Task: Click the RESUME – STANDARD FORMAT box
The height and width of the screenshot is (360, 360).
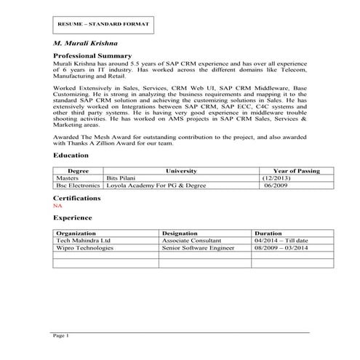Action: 103,25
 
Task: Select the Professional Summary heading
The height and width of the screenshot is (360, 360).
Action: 92,56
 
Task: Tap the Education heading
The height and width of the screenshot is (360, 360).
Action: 71,156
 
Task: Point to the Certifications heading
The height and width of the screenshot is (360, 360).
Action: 77,198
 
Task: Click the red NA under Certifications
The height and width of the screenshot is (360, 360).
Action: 58,206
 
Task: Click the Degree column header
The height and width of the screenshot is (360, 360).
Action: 79,171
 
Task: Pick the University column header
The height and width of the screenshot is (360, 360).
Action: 181,171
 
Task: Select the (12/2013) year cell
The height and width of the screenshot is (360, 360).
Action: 276,177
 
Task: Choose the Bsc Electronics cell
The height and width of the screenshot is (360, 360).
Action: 79,185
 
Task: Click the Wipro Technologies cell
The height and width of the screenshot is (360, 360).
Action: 85,248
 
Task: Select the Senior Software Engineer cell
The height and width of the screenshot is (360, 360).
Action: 199,248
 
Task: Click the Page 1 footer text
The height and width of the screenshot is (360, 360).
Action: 61,336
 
